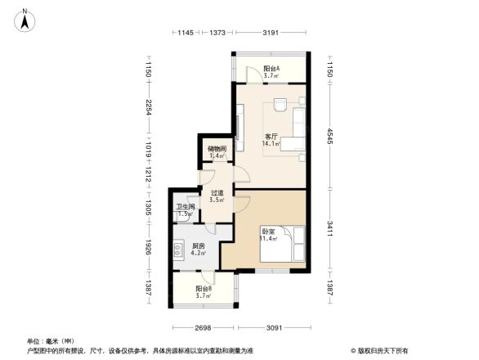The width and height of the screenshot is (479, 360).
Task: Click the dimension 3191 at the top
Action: [x=271, y=33]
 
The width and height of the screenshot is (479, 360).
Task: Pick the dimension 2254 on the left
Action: [x=148, y=107]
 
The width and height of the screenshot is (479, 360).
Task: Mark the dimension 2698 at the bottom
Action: [x=204, y=328]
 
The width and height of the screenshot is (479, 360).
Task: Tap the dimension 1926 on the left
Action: [x=148, y=246]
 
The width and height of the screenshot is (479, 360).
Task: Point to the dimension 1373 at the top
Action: [x=217, y=33]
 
